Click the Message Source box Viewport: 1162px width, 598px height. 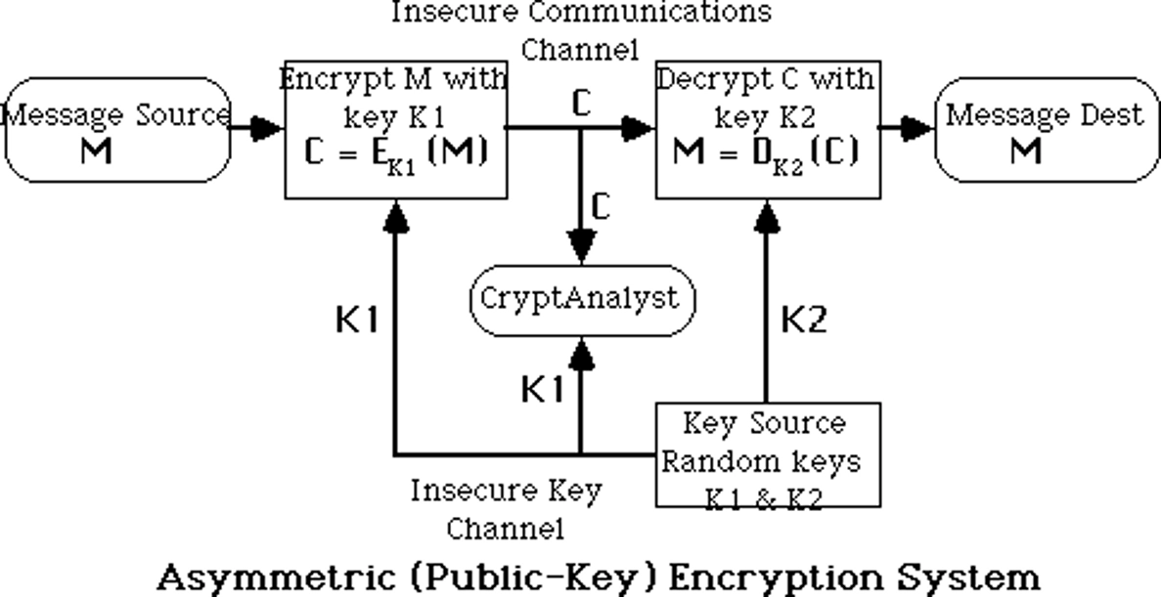click(x=117, y=130)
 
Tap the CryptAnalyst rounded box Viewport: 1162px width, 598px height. click(x=582, y=299)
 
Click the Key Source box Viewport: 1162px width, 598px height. click(x=766, y=455)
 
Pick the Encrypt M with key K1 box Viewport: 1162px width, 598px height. click(x=394, y=129)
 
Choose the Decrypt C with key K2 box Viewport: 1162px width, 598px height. click(x=766, y=129)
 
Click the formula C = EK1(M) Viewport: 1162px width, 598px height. click(x=394, y=154)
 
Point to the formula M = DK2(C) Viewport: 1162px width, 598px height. click(x=766, y=154)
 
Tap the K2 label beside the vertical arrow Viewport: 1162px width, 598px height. click(x=804, y=320)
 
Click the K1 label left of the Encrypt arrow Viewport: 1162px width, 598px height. click(x=357, y=320)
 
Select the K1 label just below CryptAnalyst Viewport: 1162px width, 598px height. click(x=542, y=389)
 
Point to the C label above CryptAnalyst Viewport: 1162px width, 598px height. click(x=602, y=206)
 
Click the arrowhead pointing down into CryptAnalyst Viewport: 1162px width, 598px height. click(x=582, y=245)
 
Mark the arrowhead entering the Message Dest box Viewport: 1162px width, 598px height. click(x=916, y=128)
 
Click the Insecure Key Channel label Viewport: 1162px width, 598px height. click(x=506, y=508)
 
